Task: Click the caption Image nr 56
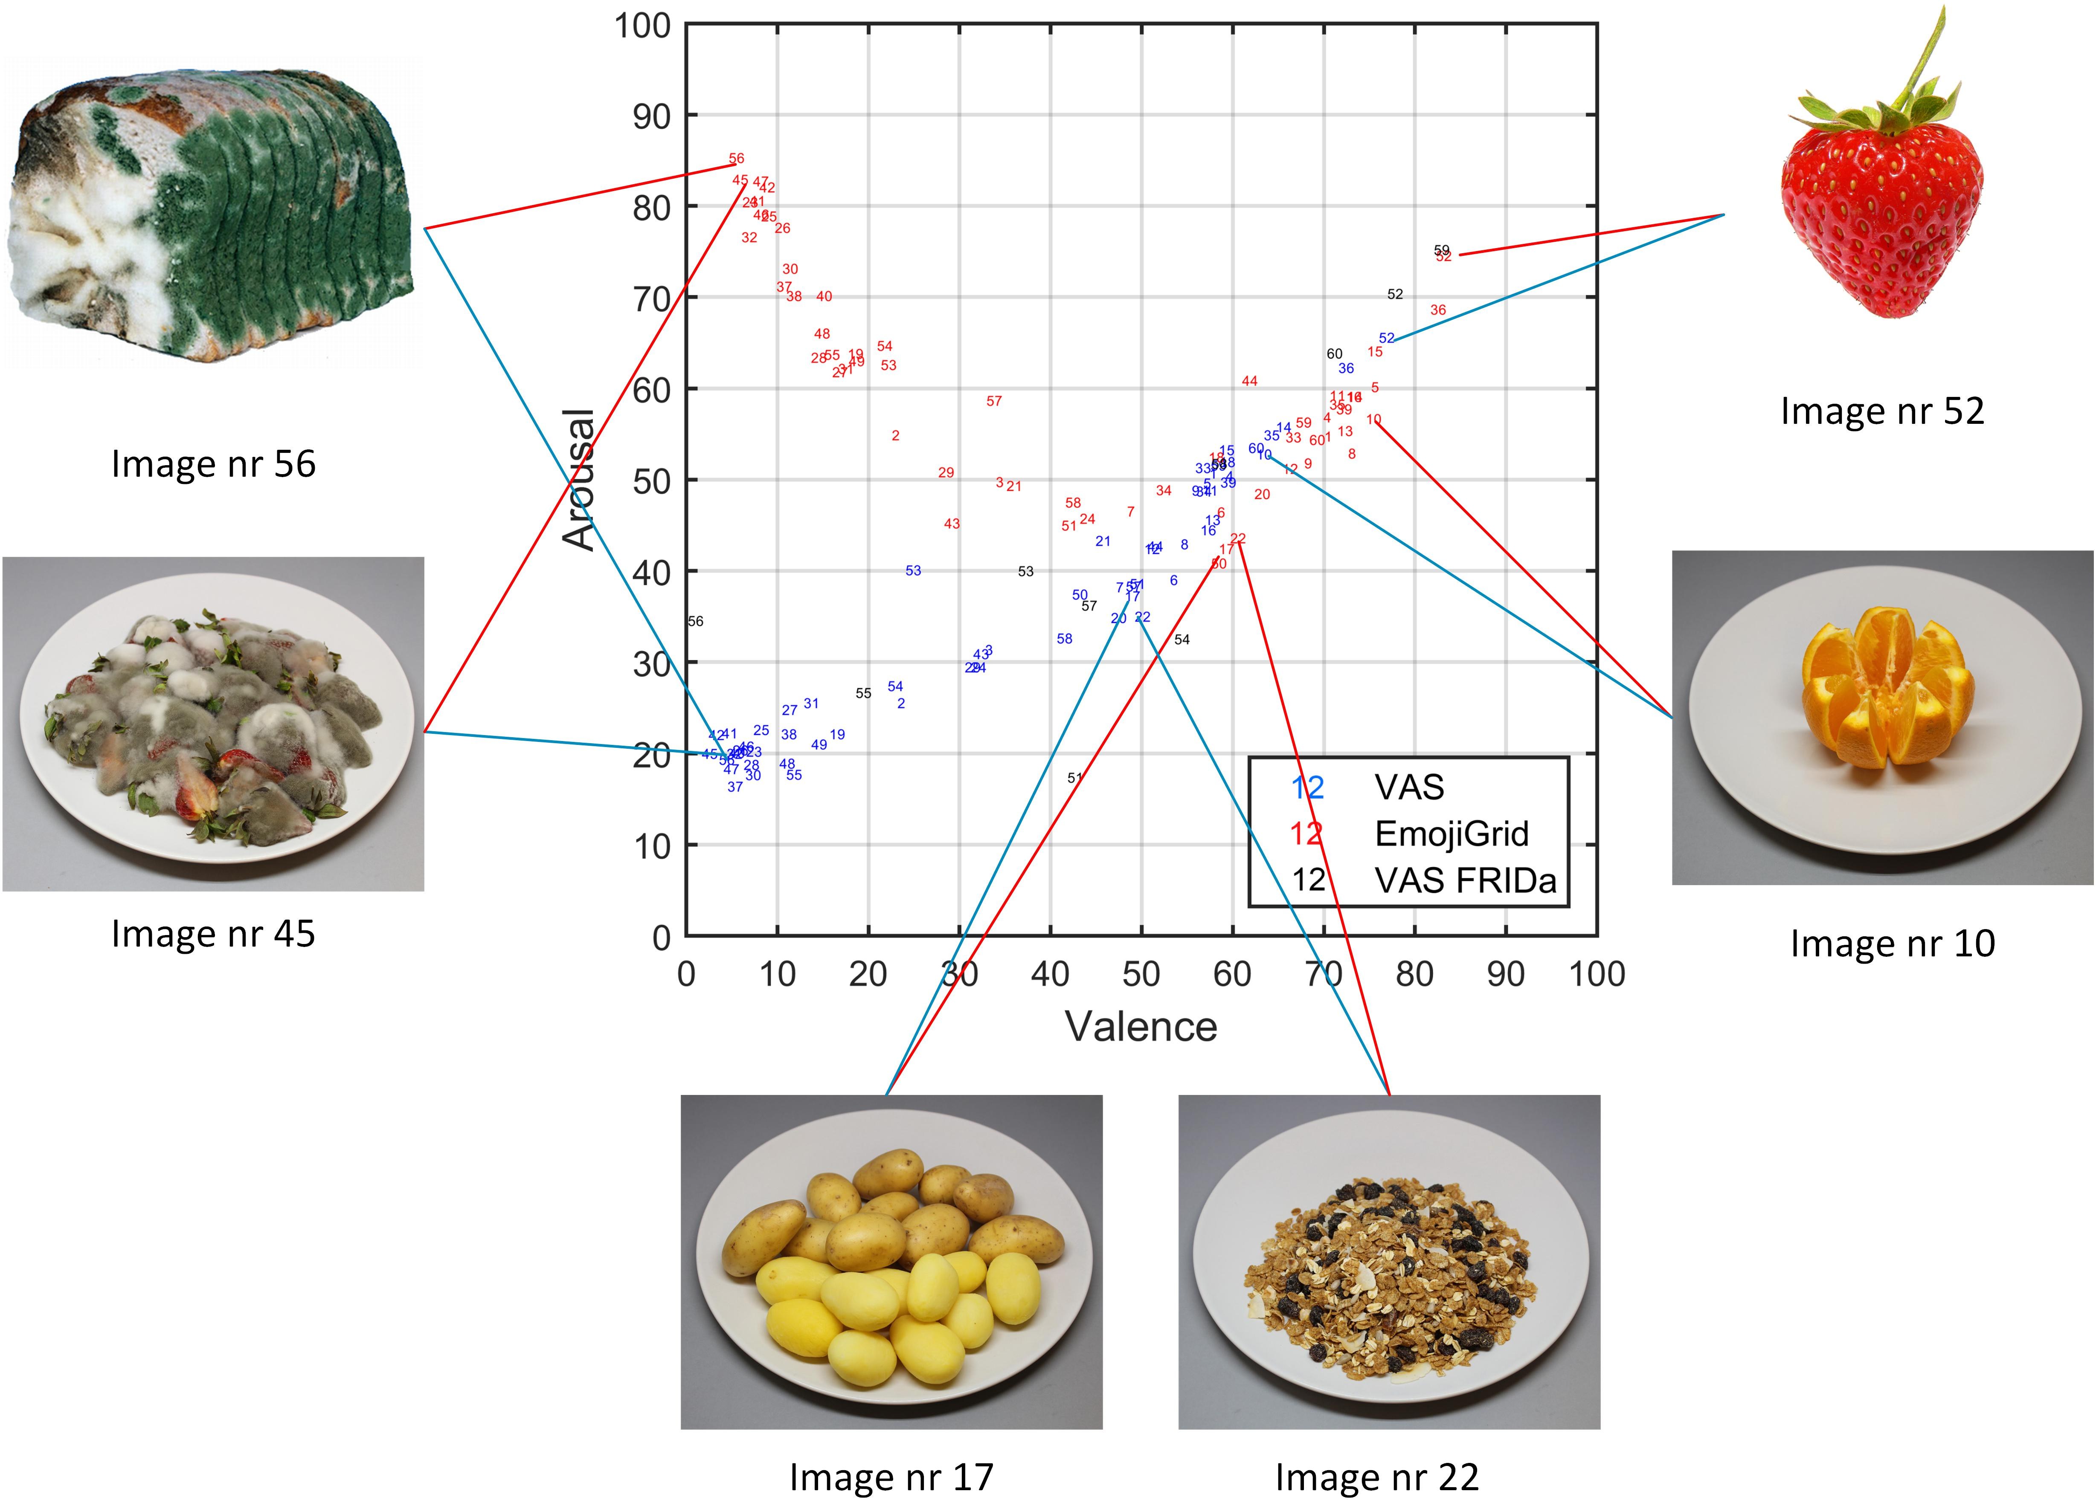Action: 213,463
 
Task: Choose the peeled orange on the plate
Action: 1884,688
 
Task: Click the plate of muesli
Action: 1386,1265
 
